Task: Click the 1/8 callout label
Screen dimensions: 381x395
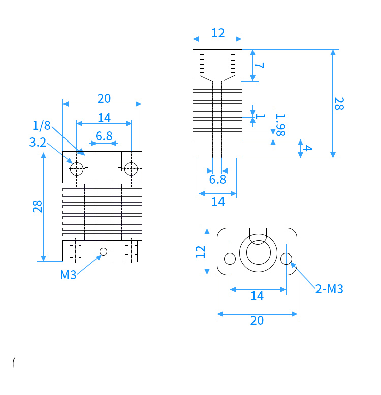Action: tap(42, 125)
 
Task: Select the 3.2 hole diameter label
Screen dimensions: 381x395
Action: tap(38, 143)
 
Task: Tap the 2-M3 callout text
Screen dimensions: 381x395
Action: tap(329, 289)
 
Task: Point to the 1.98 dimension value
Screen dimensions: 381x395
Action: tap(280, 125)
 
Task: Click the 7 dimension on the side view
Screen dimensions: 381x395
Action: tap(259, 66)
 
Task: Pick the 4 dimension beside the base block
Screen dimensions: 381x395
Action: tap(307, 148)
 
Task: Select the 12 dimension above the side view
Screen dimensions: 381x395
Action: tap(218, 33)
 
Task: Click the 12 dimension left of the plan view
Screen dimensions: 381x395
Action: tap(201, 251)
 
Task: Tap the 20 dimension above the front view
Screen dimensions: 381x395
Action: tap(104, 99)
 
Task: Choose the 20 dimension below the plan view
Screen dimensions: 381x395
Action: tap(257, 321)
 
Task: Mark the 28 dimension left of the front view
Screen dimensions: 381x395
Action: tap(37, 206)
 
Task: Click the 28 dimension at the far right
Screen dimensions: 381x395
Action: tap(339, 104)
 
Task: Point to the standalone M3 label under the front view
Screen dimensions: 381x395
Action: tap(68, 275)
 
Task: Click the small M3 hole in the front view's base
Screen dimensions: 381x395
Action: tap(103, 251)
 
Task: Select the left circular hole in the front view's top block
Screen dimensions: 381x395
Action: tap(77, 169)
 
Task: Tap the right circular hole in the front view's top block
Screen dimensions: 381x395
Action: tap(131, 169)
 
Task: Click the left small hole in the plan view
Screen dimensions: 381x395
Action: tap(230, 259)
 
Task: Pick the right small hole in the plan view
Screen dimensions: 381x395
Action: tap(286, 259)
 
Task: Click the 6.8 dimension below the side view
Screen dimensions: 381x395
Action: tap(217, 179)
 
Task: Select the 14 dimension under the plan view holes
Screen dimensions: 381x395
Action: tap(257, 296)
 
